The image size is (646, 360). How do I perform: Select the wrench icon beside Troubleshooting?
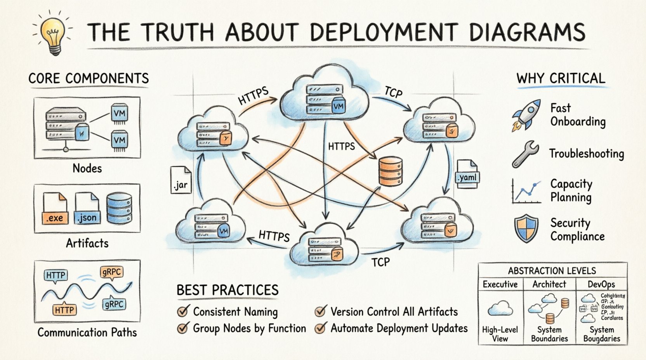[x=525, y=154]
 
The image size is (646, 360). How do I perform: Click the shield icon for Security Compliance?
[x=526, y=229]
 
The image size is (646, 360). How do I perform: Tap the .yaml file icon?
[x=467, y=175]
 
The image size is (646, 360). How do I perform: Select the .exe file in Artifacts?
[x=55, y=209]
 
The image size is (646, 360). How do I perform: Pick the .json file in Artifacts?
[x=87, y=209]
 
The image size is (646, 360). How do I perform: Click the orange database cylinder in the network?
[x=390, y=171]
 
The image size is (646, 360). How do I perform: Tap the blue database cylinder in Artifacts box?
[x=119, y=208]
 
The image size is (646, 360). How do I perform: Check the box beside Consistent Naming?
[x=182, y=312]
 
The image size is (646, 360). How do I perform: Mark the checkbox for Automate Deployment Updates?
[x=320, y=329]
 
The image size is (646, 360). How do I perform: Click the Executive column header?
[x=500, y=284]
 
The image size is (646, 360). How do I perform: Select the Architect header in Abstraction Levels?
[x=549, y=284]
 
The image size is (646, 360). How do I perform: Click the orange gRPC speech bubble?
[x=111, y=272]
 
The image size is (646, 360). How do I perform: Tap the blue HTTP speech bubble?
[x=56, y=276]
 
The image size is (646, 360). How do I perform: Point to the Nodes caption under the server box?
[x=87, y=168]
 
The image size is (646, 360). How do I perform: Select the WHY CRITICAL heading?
[x=561, y=78]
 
